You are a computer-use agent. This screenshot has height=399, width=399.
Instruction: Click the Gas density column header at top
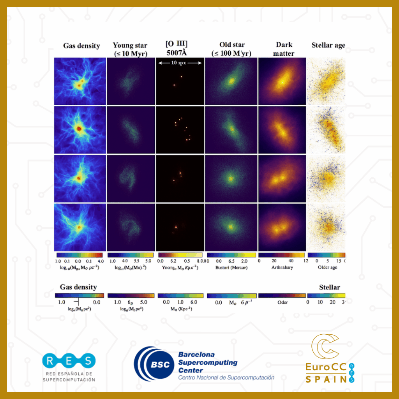[81, 46]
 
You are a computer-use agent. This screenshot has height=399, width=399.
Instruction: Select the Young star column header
[130, 49]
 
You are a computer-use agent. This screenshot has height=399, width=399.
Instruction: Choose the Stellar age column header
[328, 45]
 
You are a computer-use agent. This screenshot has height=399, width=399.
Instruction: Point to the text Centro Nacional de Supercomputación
[226, 378]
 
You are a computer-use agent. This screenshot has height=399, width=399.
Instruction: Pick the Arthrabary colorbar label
[282, 267]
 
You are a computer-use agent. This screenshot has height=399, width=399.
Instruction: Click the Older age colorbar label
[327, 267]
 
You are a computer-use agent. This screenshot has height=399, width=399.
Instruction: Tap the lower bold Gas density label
[76, 287]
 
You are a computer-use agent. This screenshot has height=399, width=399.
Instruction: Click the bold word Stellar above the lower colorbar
[330, 287]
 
